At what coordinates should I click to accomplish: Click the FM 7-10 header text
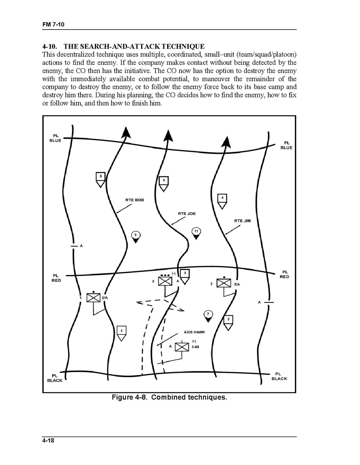tap(53, 25)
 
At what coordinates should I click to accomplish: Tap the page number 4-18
tap(49, 441)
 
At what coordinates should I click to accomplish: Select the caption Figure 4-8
tap(169, 397)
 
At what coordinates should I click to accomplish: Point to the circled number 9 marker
tap(136, 236)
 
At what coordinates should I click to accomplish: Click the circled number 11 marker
tap(196, 233)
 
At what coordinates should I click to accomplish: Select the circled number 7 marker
tap(208, 315)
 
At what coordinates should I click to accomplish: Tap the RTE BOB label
tap(135, 200)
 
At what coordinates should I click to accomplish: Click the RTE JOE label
tap(187, 214)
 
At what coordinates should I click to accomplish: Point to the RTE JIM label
tap(242, 221)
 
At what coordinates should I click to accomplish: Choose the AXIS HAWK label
tap(194, 333)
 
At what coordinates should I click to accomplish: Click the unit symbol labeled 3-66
tap(182, 347)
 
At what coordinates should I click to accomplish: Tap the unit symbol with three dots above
tap(165, 281)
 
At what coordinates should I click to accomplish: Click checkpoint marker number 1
tap(121, 332)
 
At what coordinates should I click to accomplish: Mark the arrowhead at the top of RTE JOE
tap(168, 135)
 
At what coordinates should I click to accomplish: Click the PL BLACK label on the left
tap(55, 378)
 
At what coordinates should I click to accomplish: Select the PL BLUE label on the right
tap(286, 145)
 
